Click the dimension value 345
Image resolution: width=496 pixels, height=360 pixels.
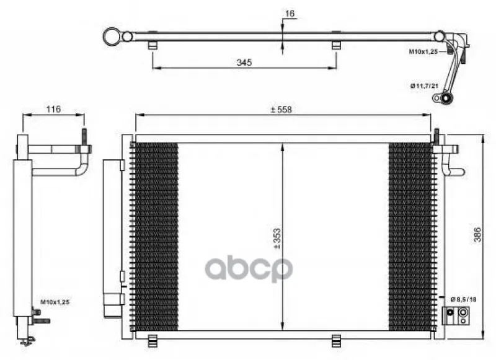(x=244, y=62)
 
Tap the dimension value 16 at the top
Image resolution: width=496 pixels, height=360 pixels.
(x=290, y=14)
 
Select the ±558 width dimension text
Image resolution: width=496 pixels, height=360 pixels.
(x=281, y=110)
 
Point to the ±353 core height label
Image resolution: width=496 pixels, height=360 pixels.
(x=277, y=239)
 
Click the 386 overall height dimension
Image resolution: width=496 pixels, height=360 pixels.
(x=477, y=234)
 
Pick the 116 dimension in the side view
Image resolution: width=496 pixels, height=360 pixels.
(x=53, y=109)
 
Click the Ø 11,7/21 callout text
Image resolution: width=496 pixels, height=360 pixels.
(x=424, y=86)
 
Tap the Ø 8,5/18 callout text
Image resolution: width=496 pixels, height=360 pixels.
(x=463, y=299)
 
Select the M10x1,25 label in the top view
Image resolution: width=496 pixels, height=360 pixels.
(x=423, y=51)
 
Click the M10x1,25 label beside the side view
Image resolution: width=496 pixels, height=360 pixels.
(x=55, y=302)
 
